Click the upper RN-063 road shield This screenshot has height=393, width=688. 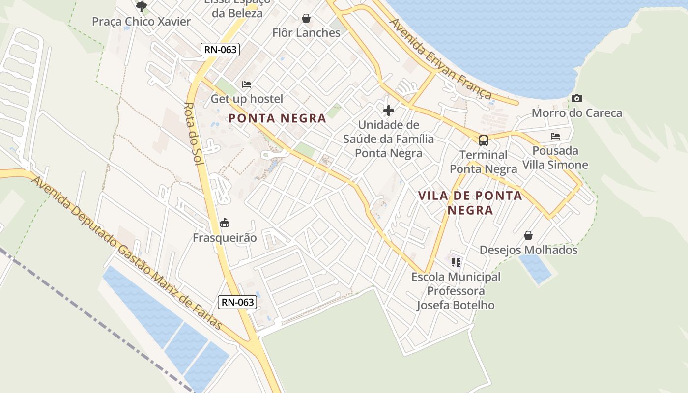[x=220, y=49]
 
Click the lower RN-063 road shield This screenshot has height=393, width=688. [x=238, y=302]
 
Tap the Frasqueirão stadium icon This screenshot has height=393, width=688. [x=225, y=223]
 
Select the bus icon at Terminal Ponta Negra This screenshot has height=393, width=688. [x=484, y=140]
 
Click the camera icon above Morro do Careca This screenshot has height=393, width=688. [x=577, y=99]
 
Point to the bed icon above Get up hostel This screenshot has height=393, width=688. [x=247, y=84]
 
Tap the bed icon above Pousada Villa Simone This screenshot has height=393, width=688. [x=555, y=136]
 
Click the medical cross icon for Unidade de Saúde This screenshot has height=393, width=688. [x=389, y=110]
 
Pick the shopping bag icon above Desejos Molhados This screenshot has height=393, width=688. [x=528, y=236]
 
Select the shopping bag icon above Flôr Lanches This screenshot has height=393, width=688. [x=306, y=19]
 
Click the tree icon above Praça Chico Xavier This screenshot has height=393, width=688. [x=142, y=6]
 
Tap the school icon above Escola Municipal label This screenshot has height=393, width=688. [x=456, y=262]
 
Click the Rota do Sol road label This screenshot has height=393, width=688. [x=194, y=133]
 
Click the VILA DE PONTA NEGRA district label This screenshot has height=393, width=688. [x=470, y=202]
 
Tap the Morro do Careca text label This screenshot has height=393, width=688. [x=577, y=113]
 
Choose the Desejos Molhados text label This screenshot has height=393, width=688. [x=528, y=250]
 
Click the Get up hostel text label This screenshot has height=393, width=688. [x=247, y=99]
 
